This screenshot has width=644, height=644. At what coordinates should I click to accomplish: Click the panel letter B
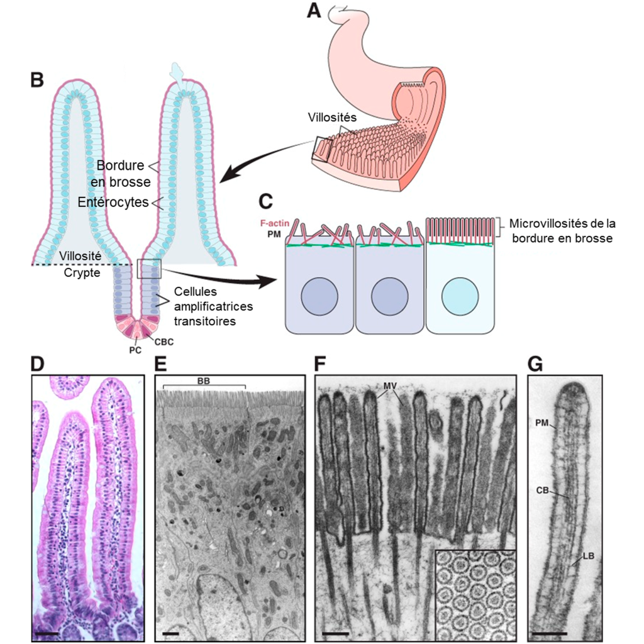37,80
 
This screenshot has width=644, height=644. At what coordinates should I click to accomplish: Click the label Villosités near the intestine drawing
332,117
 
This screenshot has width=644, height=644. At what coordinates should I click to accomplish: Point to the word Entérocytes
113,203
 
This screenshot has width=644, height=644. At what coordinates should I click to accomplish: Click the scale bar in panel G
549,630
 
